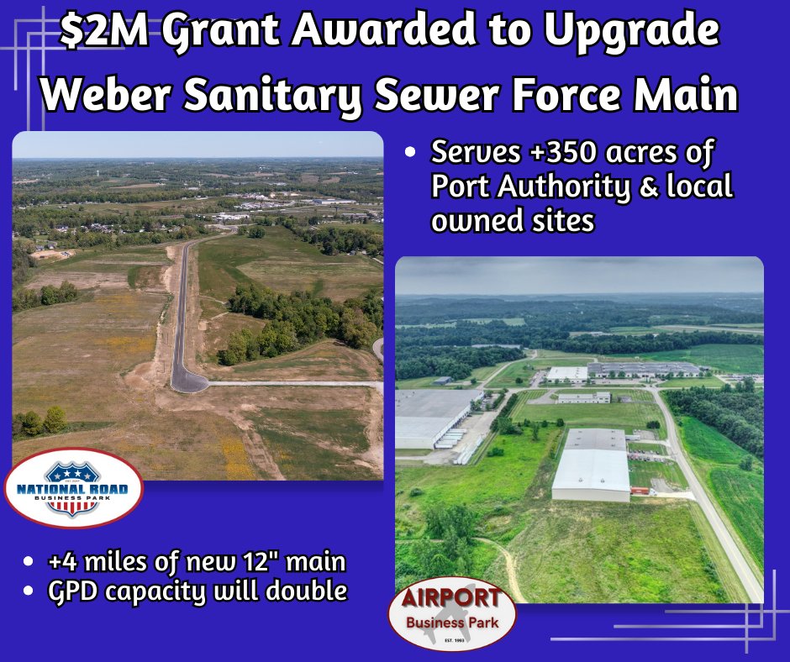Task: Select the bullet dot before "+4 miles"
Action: [x=31, y=561]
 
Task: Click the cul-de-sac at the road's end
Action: [x=188, y=381]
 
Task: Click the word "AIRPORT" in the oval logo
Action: [x=451, y=599]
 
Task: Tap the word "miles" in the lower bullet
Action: [x=129, y=560]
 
